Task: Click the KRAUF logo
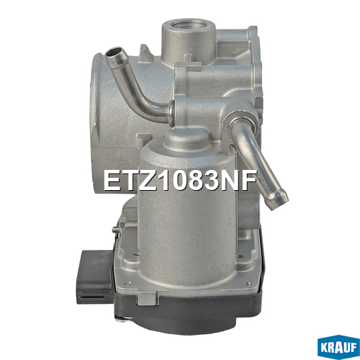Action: pyautogui.click(x=338, y=347)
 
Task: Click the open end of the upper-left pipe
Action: pyautogui.click(x=113, y=53)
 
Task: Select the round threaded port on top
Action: pyautogui.click(x=189, y=26)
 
